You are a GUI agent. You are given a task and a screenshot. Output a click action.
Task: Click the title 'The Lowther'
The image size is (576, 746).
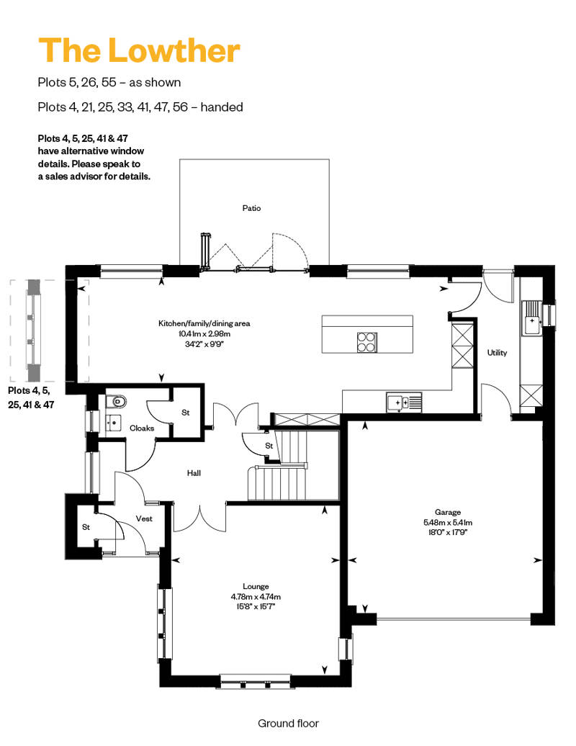[x=139, y=50]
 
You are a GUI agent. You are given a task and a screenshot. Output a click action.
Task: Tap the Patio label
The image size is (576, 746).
[x=251, y=208]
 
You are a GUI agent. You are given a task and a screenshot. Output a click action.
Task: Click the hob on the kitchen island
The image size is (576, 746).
[x=367, y=341]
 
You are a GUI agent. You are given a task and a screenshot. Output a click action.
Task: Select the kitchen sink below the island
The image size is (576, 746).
[x=404, y=403]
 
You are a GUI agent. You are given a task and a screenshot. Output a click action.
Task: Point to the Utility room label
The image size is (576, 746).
[x=497, y=353]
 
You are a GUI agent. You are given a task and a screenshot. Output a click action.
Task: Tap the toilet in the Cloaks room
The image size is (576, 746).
[x=116, y=402]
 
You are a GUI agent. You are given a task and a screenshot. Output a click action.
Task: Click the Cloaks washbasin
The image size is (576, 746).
[x=113, y=422]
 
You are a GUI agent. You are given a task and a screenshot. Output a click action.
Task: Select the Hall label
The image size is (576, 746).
[x=194, y=473]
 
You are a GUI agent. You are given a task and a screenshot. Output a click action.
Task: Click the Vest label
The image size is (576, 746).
[x=144, y=518]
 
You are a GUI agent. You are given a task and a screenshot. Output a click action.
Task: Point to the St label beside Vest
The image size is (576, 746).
[x=86, y=527]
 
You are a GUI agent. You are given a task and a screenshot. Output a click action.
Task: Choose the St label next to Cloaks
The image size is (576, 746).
[x=185, y=413]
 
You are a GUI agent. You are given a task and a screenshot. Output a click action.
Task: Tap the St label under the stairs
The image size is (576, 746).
[x=269, y=446]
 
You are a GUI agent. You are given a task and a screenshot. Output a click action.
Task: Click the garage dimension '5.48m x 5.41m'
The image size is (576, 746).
[x=448, y=522]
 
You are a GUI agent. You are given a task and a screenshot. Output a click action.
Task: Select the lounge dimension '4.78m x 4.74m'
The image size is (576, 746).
[x=256, y=597]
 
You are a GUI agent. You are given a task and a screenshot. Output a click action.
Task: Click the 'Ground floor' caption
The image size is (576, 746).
[x=288, y=724]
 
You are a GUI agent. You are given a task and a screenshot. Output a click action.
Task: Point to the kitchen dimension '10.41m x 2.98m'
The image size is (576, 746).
[x=204, y=333]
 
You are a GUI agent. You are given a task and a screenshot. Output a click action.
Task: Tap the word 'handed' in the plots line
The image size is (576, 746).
[x=222, y=107]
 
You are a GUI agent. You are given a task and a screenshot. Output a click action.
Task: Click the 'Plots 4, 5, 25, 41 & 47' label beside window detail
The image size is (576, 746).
[x=31, y=397]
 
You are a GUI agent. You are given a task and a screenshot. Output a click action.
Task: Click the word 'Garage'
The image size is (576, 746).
[x=448, y=513]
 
